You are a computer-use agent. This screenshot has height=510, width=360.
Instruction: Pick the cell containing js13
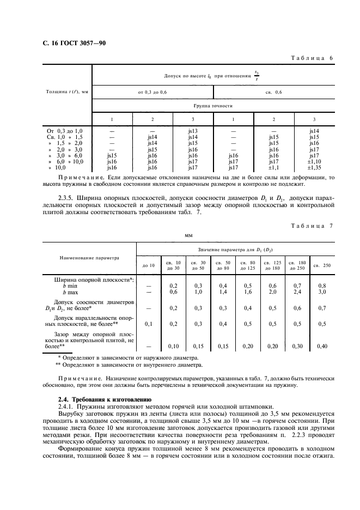point(193,131)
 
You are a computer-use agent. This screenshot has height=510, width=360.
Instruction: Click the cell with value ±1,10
point(314,161)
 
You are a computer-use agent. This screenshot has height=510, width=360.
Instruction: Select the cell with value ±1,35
point(314,167)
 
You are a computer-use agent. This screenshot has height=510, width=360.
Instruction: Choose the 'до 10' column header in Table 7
point(149,265)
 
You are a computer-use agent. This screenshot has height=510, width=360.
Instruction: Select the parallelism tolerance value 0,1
point(149,324)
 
